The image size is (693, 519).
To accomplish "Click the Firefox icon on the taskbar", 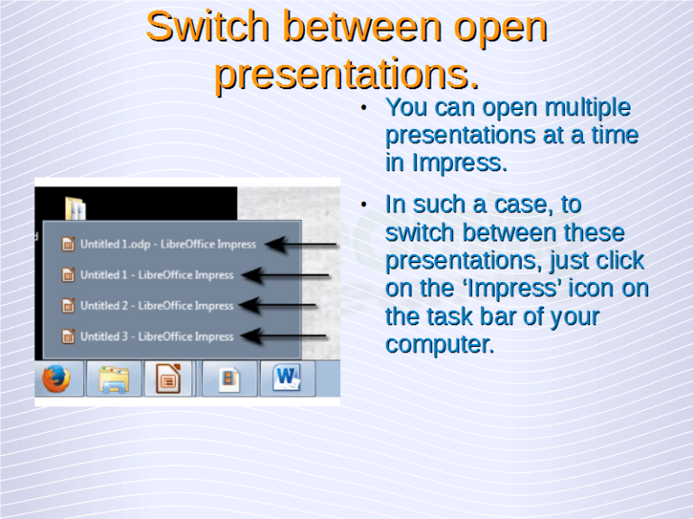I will tap(57, 380).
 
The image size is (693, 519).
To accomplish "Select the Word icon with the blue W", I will tap(287, 379).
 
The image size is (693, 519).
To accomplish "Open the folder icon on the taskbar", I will tap(114, 380).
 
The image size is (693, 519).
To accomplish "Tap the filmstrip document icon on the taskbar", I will tap(229, 379).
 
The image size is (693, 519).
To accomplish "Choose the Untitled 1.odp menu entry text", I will tap(168, 244).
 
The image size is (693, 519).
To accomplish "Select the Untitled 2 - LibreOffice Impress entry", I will tap(156, 305).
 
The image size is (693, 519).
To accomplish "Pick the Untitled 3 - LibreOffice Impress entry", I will tap(156, 336).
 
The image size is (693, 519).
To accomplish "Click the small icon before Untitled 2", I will tap(68, 305).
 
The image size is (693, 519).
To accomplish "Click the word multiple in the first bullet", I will tap(585, 108).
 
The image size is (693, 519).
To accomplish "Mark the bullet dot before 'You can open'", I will tap(362, 109).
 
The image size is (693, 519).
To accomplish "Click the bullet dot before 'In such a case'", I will tap(362, 205).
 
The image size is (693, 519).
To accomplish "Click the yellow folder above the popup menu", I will tap(76, 208).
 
